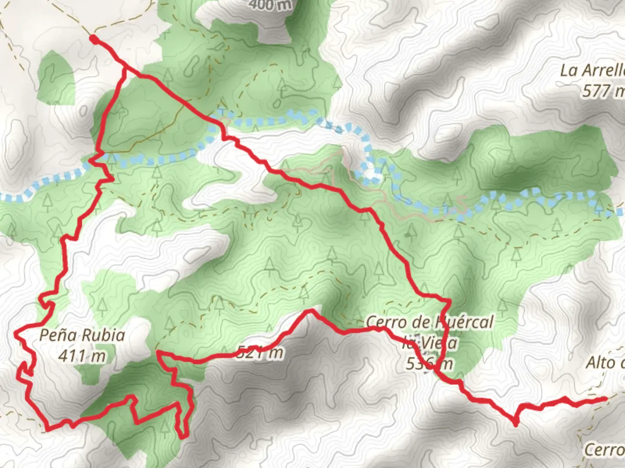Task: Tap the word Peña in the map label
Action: tap(58, 335)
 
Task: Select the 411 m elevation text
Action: tap(82, 356)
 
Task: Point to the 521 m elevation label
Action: tap(260, 353)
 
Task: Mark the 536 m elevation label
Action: tap(429, 364)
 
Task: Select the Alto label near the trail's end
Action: tap(605, 363)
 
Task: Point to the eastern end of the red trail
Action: tap(605, 398)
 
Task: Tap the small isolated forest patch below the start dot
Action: tap(56, 78)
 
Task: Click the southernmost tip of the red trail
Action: tap(184, 436)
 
